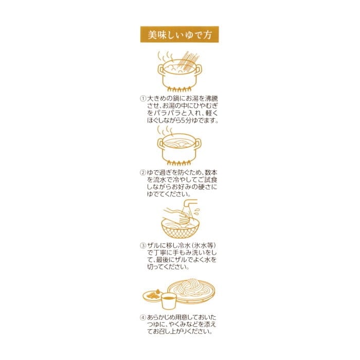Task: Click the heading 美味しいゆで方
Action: [x=179, y=34]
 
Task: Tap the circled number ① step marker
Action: [x=143, y=99]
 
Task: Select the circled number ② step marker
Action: [x=143, y=172]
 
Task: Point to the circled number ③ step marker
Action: [x=143, y=245]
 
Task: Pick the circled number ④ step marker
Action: [x=143, y=317]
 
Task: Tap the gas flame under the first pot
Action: [x=179, y=89]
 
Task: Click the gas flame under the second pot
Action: [x=179, y=163]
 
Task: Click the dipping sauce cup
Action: [x=169, y=301]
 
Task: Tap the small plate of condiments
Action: [x=152, y=296]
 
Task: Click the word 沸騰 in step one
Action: [x=211, y=99]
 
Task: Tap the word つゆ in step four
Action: [x=154, y=325]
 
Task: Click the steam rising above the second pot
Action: [x=165, y=131]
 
